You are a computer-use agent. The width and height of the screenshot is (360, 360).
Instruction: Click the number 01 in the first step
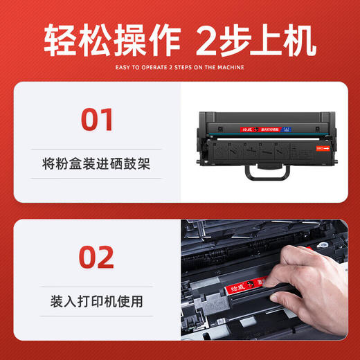coord(97,119)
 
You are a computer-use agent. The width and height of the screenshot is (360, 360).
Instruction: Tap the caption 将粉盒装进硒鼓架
coord(97,165)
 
